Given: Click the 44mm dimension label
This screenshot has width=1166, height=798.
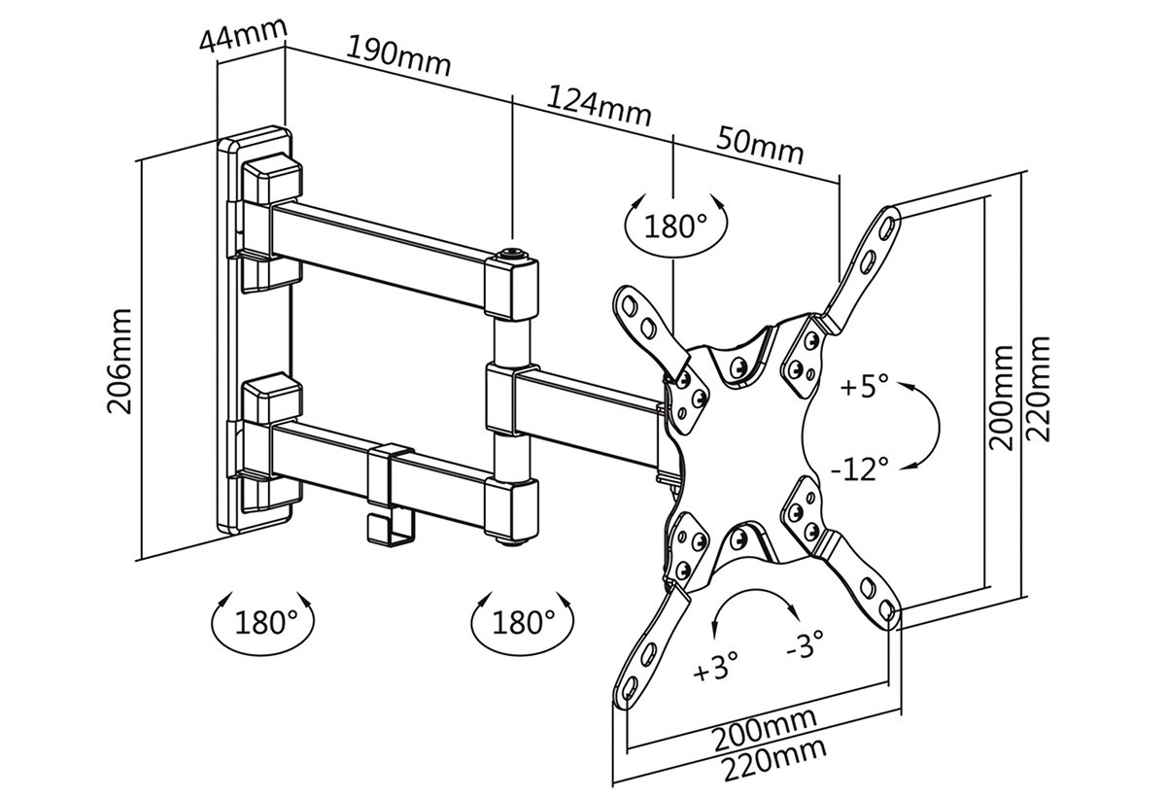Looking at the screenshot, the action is (x=243, y=34).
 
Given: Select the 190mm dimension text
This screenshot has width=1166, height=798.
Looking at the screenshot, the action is (x=398, y=56).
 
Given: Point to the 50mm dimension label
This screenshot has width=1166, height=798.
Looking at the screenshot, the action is (x=760, y=145).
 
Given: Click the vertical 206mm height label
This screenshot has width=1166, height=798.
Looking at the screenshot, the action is (x=120, y=362).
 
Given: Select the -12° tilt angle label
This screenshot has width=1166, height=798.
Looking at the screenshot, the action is (x=860, y=468).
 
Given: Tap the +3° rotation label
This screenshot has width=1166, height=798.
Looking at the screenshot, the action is (x=716, y=667).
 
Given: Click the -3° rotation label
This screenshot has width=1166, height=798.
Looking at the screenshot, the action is (x=806, y=643).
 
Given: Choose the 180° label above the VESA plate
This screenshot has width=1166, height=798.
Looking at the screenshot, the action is (x=675, y=226).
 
